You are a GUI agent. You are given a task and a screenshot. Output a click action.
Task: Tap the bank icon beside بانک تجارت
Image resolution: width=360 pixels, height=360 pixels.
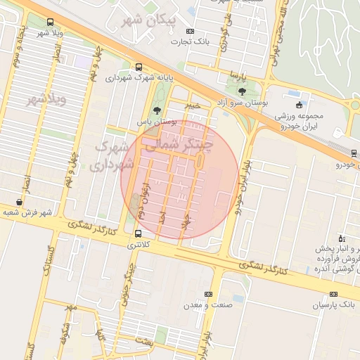pos(190,32)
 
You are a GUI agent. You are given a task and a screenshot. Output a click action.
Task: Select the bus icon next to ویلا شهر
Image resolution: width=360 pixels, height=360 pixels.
pos(50,22)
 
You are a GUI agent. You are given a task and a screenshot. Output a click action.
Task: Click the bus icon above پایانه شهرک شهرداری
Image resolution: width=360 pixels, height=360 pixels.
pos(139,67)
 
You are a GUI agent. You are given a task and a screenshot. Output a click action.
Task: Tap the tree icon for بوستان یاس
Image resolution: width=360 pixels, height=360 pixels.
pos(156,110)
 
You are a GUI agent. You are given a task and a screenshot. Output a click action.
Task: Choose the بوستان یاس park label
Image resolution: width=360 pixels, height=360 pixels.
pos(156,121)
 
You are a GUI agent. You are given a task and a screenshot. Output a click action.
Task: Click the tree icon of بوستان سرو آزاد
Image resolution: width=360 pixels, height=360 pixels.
pos(243,91)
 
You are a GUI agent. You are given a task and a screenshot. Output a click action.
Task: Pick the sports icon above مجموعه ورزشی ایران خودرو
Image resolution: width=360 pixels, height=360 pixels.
pos(299,105)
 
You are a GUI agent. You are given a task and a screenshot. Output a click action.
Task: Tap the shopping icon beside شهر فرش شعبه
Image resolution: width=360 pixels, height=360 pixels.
pos(18,202)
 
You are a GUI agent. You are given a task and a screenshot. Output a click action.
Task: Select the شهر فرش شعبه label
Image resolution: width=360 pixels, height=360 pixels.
pos(26,212)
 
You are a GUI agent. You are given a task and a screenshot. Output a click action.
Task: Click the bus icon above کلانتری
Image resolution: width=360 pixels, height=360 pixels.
pos(137,235)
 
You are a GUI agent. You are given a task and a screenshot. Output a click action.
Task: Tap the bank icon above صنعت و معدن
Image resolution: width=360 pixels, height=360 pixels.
pos(208,294)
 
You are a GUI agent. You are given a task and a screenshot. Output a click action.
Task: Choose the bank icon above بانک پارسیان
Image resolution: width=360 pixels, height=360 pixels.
pos(333,294)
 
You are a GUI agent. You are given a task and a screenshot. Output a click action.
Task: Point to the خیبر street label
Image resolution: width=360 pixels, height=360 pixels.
pos(193,105)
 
